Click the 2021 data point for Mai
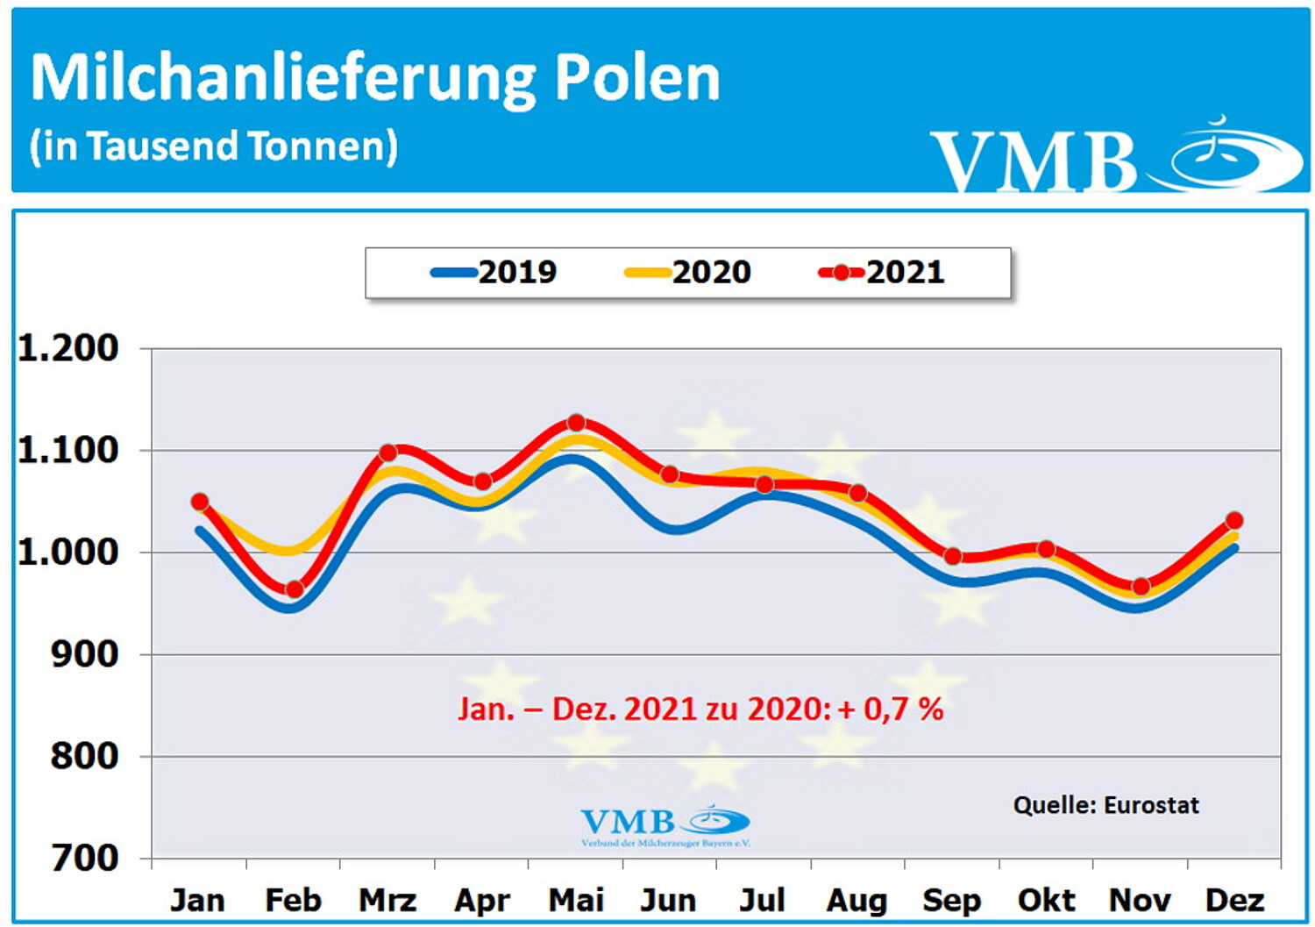(x=576, y=423)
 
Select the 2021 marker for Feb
(x=295, y=589)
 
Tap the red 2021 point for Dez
(x=1234, y=520)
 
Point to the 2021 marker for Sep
(x=953, y=556)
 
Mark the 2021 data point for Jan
(x=200, y=502)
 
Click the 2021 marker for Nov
(x=1141, y=587)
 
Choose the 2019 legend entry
(x=494, y=272)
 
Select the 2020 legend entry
(x=689, y=272)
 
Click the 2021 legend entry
(x=883, y=272)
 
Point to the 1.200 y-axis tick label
(x=68, y=348)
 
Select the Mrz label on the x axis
(x=387, y=900)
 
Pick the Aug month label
(x=857, y=900)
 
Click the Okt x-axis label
(x=1046, y=900)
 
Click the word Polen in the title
(x=637, y=78)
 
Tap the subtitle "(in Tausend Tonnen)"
(x=214, y=146)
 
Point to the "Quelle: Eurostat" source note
(x=1105, y=805)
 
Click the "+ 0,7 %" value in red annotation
(x=891, y=709)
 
